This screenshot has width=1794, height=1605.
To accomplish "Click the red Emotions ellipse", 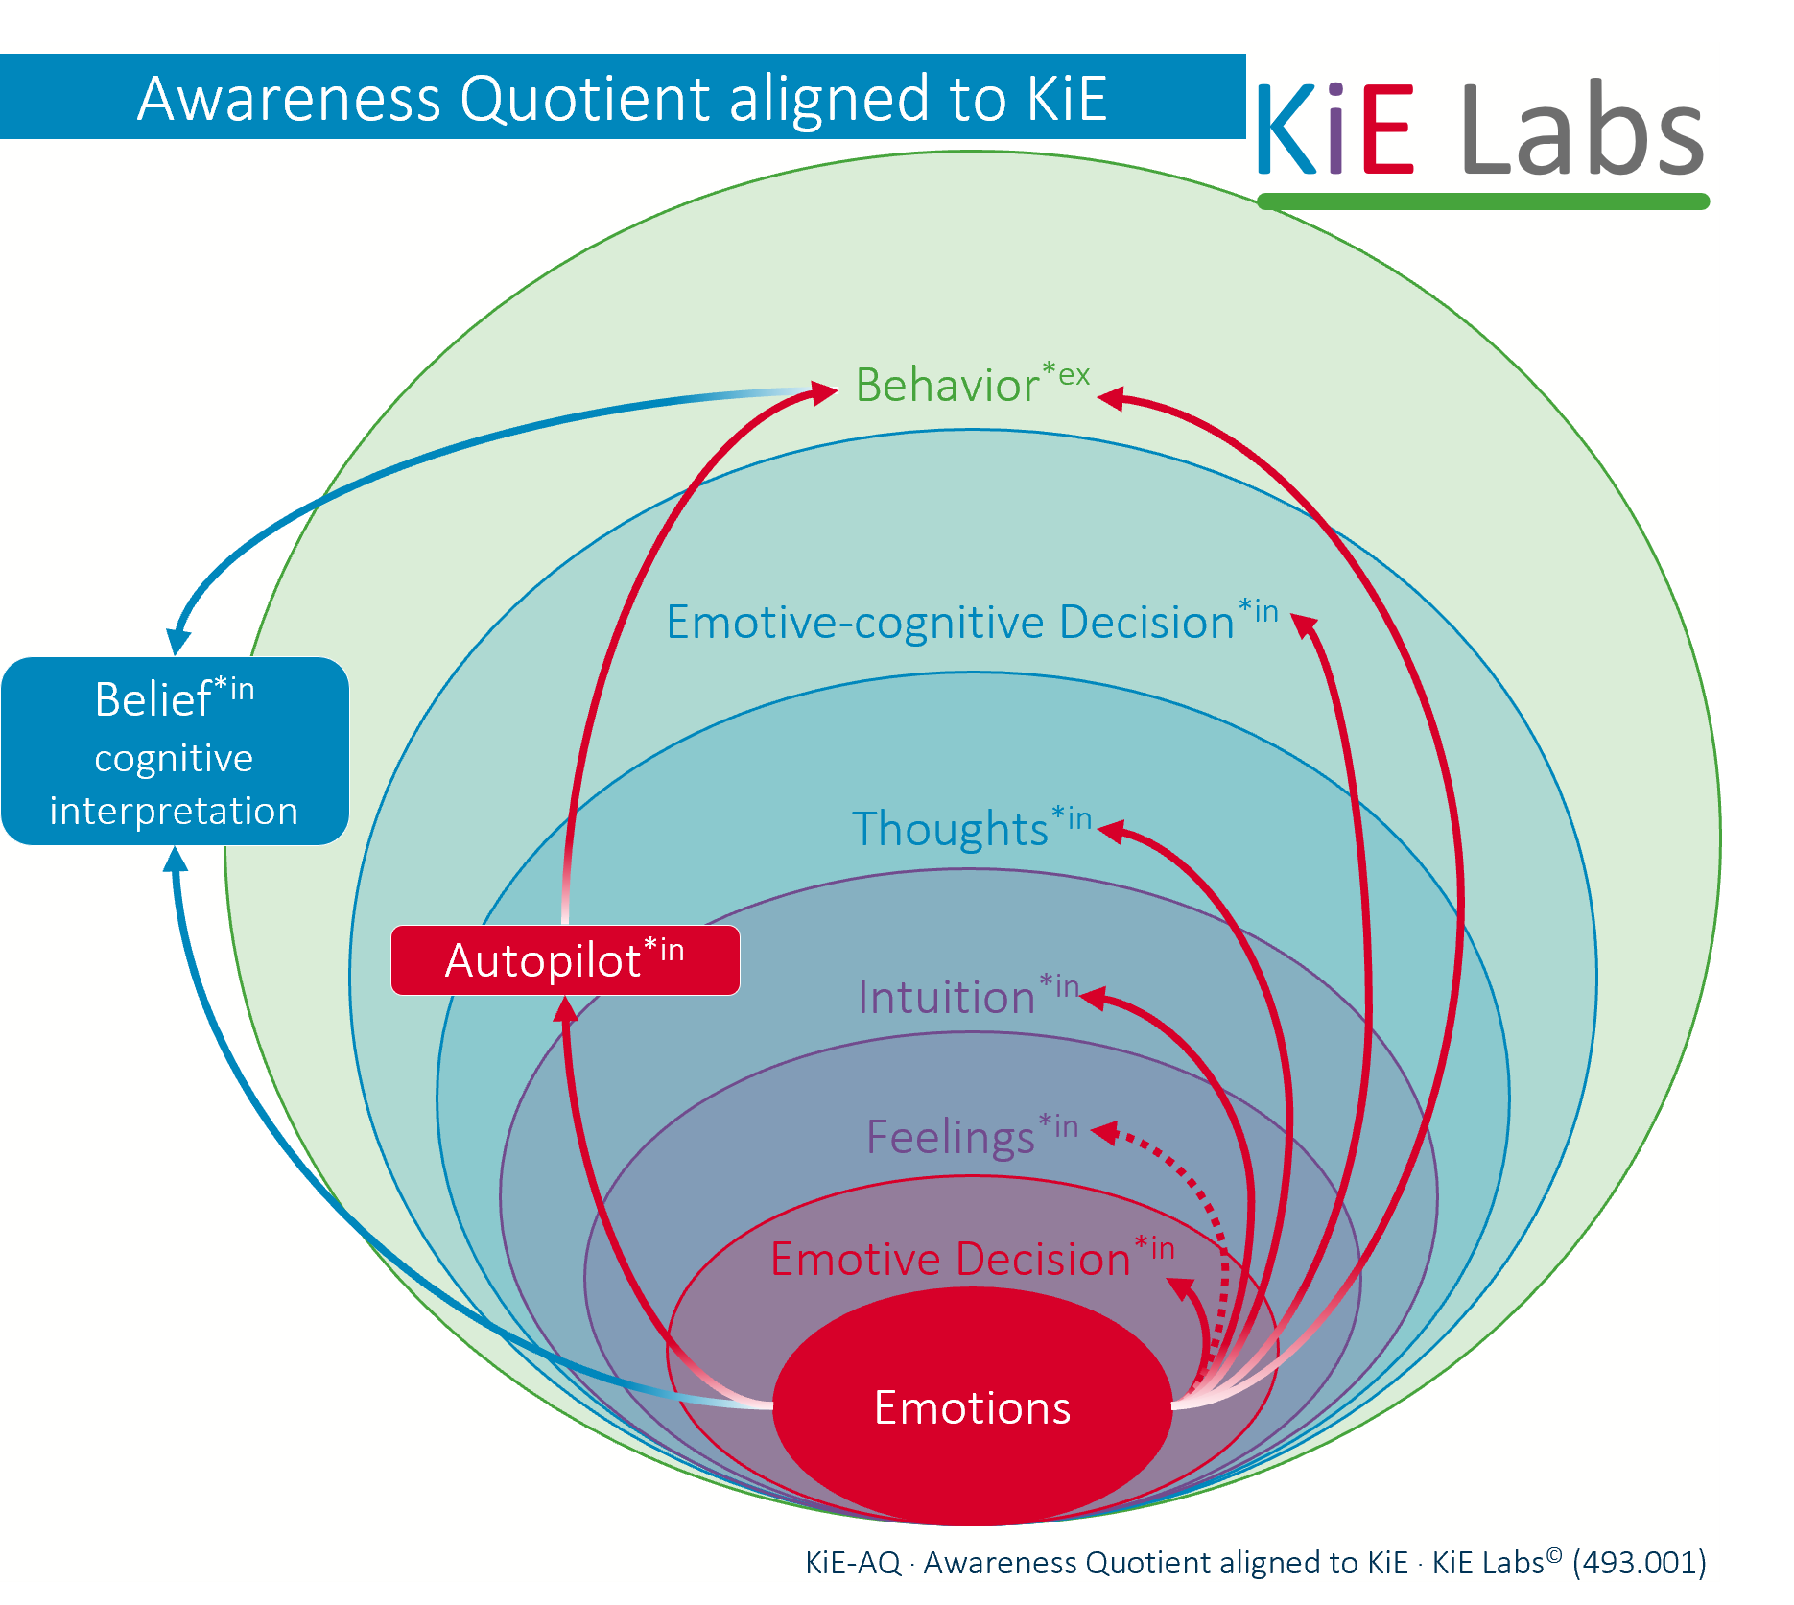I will coord(972,1406).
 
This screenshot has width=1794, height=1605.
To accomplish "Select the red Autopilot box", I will coord(565,960).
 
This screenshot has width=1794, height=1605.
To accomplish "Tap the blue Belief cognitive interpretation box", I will coord(175,751).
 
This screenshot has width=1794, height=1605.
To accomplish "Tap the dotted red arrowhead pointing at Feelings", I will coord(1105,1133).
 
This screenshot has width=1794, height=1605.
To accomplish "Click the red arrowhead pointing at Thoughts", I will coord(1111,831).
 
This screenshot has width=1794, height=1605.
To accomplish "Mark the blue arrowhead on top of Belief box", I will coord(178,642).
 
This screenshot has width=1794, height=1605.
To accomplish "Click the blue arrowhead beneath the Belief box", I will coord(176,860).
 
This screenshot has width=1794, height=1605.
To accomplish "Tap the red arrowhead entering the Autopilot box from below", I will coord(567,1009).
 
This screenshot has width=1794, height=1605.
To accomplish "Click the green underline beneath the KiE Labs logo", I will coord(1482,201).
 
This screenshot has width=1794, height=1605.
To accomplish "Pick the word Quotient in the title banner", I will coord(588,98).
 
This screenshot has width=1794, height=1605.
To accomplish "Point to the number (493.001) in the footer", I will coord(1639,1562).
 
